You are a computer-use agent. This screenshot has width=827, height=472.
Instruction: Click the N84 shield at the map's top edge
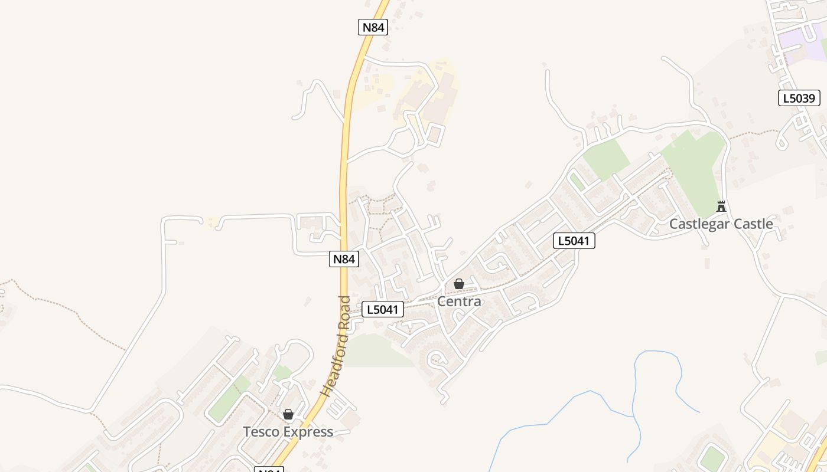click(373, 27)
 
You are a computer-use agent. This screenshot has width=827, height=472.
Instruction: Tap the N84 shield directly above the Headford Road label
click(344, 259)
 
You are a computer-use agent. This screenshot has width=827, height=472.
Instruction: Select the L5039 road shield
click(799, 99)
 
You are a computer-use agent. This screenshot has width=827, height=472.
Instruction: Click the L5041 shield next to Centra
click(383, 309)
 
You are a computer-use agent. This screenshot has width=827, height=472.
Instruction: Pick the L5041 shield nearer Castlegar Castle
click(574, 241)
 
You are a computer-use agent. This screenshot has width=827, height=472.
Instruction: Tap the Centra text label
click(459, 301)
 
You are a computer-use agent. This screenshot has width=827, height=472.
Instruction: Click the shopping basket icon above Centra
click(459, 284)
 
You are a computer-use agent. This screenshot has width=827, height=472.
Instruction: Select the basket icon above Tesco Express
click(288, 414)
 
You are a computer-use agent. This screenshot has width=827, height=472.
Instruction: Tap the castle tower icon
click(721, 206)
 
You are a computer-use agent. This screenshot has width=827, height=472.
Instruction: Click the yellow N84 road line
click(343, 177)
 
